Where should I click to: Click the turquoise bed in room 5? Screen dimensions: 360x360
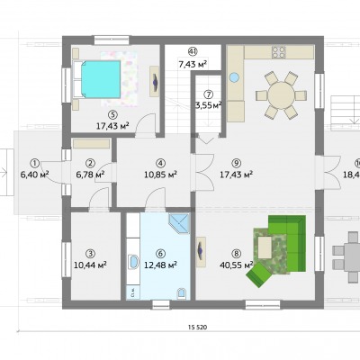click(101, 79)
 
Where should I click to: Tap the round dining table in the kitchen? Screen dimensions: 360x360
click(282, 94)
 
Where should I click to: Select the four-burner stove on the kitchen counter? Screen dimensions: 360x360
click(278, 52)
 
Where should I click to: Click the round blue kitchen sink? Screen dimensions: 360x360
click(234, 77)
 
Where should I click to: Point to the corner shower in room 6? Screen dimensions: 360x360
click(179, 223)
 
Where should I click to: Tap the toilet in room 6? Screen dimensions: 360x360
click(182, 293)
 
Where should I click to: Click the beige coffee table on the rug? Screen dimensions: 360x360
click(265, 247)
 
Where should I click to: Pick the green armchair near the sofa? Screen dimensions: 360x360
click(258, 274)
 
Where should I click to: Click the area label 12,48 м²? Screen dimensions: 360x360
click(160, 265)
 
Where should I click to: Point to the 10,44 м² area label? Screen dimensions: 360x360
click(91, 265)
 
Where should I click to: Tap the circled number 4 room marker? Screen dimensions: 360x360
click(161, 163)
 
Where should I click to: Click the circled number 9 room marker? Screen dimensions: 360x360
click(237, 163)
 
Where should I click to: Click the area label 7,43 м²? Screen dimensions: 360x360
click(193, 64)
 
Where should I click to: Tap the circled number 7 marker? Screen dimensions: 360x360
click(208, 94)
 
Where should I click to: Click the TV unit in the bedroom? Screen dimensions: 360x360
click(155, 81)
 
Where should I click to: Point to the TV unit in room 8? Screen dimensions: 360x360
click(201, 251)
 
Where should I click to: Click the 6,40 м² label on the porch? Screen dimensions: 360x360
click(35, 175)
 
